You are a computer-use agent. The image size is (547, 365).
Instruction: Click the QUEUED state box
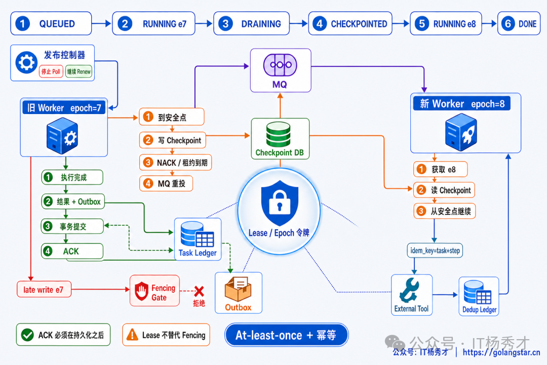(x=51, y=23)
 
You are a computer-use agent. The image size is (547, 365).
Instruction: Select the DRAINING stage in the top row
(x=252, y=23)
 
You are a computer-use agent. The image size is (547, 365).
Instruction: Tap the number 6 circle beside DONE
(x=508, y=23)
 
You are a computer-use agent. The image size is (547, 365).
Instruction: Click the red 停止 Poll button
(x=51, y=71)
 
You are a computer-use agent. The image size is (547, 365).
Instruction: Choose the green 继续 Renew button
(x=79, y=71)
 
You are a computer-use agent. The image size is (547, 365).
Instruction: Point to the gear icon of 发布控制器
(x=26, y=62)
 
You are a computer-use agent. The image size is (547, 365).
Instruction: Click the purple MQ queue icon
(x=280, y=65)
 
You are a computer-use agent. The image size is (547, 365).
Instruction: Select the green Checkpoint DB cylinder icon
(x=279, y=134)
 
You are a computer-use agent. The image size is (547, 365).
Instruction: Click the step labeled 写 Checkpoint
(x=173, y=140)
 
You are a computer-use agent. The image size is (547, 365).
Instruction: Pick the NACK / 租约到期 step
(x=175, y=162)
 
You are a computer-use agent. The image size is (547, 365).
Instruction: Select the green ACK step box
(x=72, y=251)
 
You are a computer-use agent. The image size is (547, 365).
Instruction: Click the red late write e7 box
(x=44, y=289)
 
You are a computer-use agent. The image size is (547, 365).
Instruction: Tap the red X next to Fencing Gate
(x=199, y=291)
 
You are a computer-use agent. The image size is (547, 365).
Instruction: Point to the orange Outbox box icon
(x=238, y=289)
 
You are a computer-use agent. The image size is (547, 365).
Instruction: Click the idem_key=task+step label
(x=435, y=250)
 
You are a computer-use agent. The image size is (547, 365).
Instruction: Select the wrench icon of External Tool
(x=410, y=290)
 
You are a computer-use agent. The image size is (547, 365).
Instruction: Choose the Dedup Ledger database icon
(x=477, y=293)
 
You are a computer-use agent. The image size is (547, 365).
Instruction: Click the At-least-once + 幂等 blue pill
(x=286, y=335)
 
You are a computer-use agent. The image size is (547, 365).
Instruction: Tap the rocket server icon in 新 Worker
(x=461, y=134)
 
